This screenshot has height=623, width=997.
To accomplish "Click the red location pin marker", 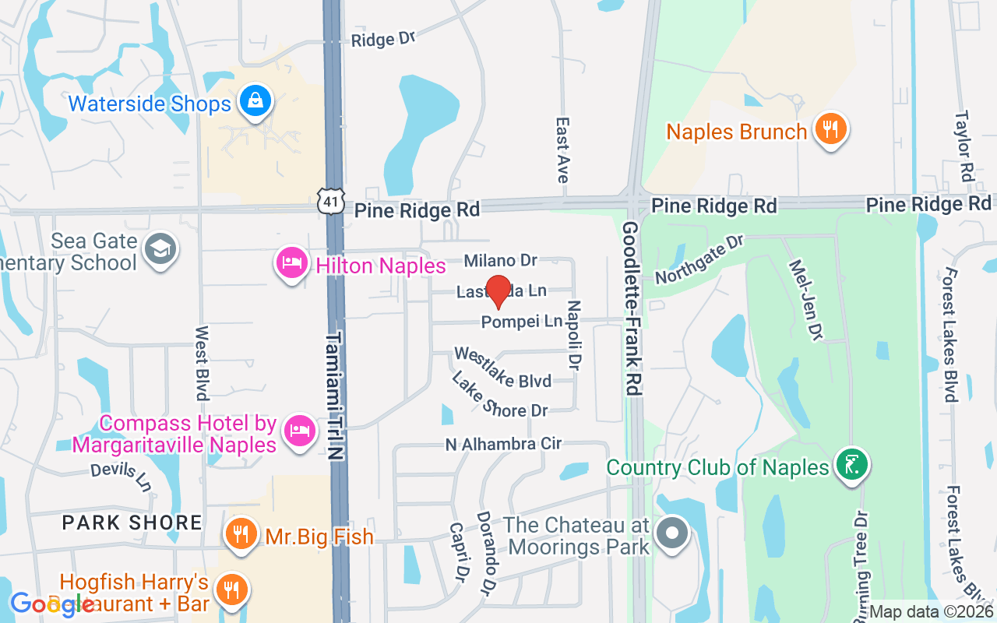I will click(x=498, y=290).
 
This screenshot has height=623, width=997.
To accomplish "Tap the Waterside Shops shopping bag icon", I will click(x=255, y=101).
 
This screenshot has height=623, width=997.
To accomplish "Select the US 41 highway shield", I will click(x=331, y=201).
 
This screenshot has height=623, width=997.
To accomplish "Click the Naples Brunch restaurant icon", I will click(x=831, y=129).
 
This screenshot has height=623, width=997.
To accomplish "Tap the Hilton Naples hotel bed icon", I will click(x=291, y=264).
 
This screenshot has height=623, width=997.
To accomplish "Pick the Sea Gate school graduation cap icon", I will click(x=161, y=249).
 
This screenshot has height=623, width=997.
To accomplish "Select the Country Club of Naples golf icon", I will click(x=851, y=466).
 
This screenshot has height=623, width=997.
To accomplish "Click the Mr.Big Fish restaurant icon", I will click(x=241, y=534).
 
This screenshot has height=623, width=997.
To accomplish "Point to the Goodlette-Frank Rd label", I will click(x=632, y=308).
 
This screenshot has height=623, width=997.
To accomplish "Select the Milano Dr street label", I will click(x=501, y=259).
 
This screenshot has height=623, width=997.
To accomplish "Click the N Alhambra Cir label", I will click(x=503, y=444).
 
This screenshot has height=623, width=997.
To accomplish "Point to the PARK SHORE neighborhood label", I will click(x=132, y=522).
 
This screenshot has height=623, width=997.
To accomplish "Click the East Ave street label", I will click(x=562, y=150).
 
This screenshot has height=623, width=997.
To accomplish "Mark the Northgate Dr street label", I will click(x=699, y=261).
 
